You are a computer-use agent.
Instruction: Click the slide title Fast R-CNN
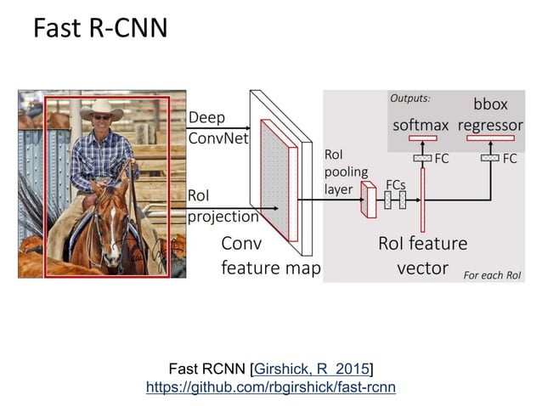point(99,29)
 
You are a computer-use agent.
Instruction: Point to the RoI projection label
point(223,206)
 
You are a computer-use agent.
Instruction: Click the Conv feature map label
point(270,256)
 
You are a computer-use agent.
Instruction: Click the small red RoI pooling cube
point(369,200)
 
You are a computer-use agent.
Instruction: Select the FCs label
point(395,184)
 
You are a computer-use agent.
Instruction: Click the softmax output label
point(421,126)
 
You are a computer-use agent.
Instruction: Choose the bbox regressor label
point(490,116)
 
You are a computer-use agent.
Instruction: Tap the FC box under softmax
point(422,159)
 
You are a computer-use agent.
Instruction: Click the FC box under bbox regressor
point(490,158)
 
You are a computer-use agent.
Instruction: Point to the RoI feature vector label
point(422,256)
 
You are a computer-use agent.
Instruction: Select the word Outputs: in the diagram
point(410,99)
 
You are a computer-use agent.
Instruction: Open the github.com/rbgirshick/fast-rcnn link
point(271,386)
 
